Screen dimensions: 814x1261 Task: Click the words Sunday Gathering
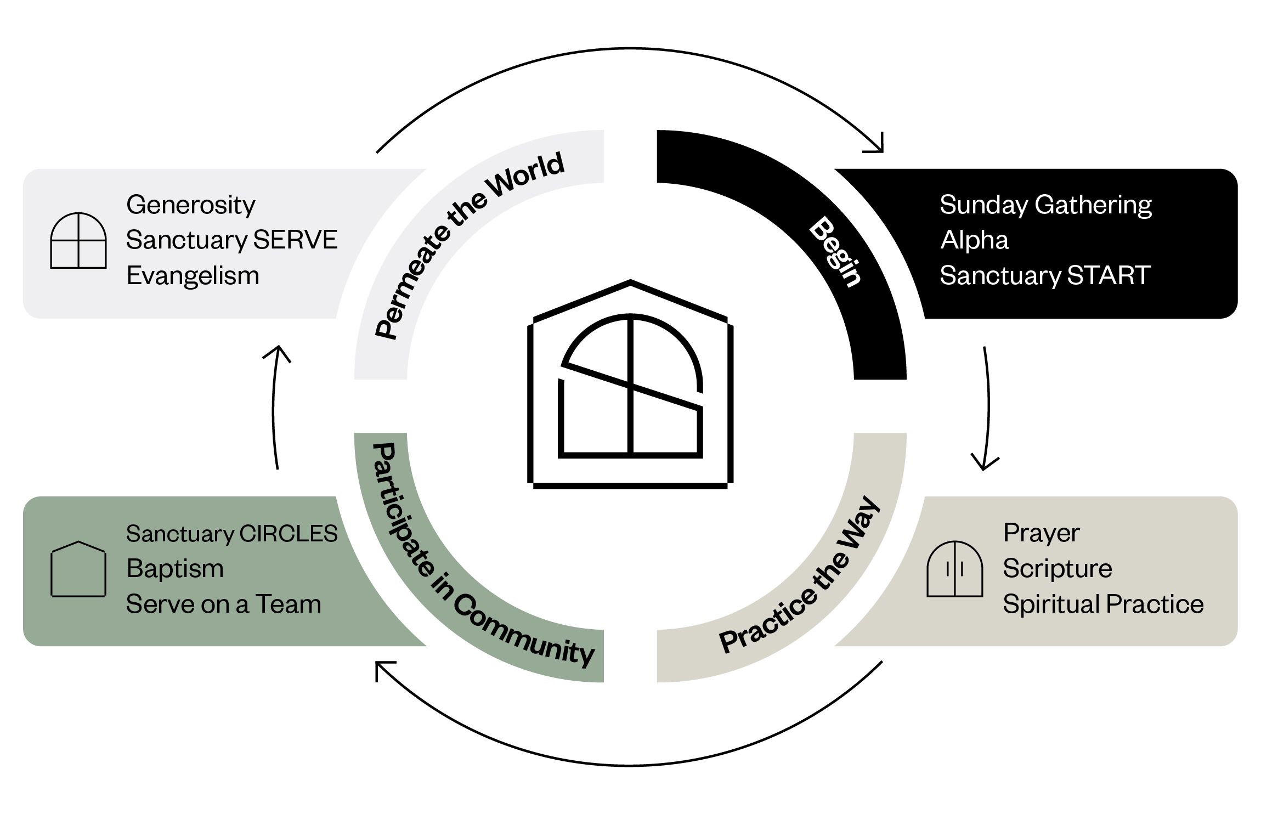click(x=1045, y=205)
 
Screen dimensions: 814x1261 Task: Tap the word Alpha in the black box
click(x=974, y=240)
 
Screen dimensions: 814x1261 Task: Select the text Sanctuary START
click(x=1045, y=275)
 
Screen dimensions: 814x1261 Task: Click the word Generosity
click(x=190, y=205)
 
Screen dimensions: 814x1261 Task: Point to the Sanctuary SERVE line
click(x=231, y=240)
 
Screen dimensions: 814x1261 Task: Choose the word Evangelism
click(x=193, y=275)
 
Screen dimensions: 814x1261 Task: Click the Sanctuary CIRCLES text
click(x=231, y=534)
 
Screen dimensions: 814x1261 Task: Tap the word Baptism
click(x=175, y=569)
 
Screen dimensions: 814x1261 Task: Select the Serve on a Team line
click(x=223, y=604)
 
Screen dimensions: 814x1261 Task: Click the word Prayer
click(x=1041, y=533)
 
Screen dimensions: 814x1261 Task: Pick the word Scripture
click(x=1057, y=568)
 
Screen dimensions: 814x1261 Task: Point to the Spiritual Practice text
click(x=1103, y=604)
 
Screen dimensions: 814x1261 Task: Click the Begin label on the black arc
click(x=835, y=252)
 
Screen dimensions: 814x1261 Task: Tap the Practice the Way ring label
click(x=800, y=576)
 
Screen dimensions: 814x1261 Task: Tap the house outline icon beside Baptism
click(x=78, y=569)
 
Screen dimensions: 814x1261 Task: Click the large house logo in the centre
click(x=630, y=384)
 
